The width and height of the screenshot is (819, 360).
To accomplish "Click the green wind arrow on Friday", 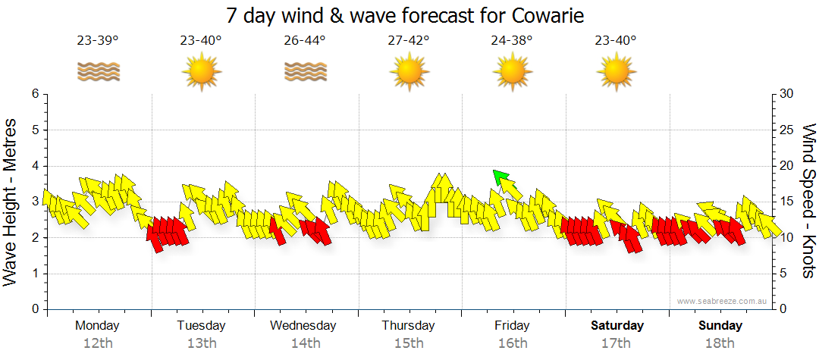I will [x=500, y=178].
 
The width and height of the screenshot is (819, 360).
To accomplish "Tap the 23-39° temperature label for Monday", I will [x=98, y=40].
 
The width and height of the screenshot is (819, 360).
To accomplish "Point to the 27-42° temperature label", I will [x=408, y=40].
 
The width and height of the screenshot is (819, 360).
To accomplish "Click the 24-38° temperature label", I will [x=512, y=40].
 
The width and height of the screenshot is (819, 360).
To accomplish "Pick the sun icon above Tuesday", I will [x=201, y=73].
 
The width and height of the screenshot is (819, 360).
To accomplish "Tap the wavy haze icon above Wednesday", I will [x=305, y=72].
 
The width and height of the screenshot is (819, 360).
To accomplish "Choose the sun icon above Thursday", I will [x=408, y=73].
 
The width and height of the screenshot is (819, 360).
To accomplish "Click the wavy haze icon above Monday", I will [x=98, y=72].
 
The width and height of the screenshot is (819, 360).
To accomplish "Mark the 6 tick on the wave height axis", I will [x=34, y=94].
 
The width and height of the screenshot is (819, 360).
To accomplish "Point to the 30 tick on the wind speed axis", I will [x=787, y=94].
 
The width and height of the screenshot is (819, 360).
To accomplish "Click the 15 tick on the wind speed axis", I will [x=787, y=202].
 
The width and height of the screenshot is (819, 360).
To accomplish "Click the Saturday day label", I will [x=617, y=326].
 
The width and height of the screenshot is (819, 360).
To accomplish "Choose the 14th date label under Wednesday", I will [x=305, y=343].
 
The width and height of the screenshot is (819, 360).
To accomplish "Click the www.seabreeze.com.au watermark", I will [x=723, y=301].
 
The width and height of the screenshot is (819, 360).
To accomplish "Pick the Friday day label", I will [x=512, y=326].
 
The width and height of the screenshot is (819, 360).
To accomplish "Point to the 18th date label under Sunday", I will [x=720, y=343].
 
